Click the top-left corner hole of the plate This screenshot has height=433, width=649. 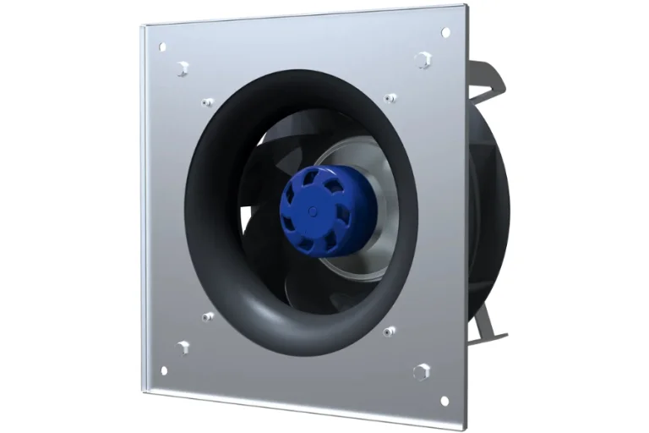pos(163,47)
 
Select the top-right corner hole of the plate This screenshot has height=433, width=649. pos(445,33)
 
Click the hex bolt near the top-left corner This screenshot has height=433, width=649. pos(183,67)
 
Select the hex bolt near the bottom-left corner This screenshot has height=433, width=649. pos(183,347)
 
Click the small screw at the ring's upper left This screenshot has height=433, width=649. pos(208,103)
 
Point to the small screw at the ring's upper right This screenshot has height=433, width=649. pos(390,98)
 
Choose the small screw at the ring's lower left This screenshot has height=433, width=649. pos(208,317)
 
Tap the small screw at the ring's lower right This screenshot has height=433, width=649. pos(390,332)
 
